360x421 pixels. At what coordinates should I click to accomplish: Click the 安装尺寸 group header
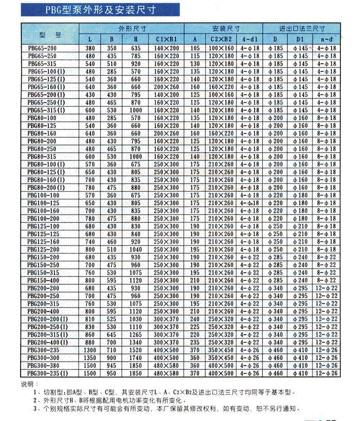click(x=226, y=29)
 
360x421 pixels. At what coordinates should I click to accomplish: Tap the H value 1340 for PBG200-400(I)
click(x=136, y=343)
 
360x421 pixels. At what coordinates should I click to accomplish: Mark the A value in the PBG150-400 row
click(x=194, y=281)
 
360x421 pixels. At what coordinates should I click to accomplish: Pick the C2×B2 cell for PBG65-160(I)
click(x=221, y=87)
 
